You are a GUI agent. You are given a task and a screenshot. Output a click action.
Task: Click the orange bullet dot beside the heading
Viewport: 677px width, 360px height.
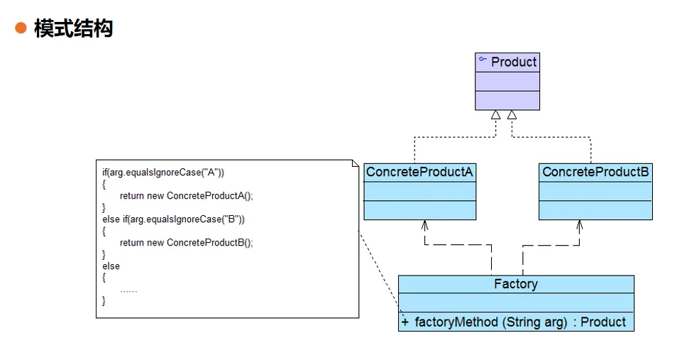coord(21,28)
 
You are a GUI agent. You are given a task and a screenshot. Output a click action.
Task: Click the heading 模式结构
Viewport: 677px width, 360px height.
coord(73,28)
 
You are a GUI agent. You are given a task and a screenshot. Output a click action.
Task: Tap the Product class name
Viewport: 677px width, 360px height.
coord(514,62)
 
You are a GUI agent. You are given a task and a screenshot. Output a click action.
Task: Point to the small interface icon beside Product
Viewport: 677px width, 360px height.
coord(483,60)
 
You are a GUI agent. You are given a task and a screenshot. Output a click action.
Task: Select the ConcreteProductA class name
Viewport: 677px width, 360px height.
coord(419,172)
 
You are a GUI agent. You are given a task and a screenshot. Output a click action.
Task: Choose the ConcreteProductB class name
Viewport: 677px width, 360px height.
coord(595,172)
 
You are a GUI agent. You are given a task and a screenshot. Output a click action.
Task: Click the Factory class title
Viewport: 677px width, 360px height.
coord(515,284)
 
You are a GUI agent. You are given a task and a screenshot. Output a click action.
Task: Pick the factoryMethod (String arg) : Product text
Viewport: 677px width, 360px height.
coord(520,322)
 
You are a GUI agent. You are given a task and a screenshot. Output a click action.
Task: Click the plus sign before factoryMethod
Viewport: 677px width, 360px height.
coord(404,322)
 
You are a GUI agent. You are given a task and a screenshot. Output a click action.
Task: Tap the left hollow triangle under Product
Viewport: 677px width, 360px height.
coord(495,114)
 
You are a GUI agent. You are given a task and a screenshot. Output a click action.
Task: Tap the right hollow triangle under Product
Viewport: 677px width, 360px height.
coord(512,114)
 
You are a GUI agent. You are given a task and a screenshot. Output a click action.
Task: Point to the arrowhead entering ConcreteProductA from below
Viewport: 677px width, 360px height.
coord(424,225)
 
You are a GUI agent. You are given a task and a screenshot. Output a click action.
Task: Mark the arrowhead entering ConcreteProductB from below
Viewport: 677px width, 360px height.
coord(579,225)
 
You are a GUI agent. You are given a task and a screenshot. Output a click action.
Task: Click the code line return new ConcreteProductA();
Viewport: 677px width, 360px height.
coord(186,196)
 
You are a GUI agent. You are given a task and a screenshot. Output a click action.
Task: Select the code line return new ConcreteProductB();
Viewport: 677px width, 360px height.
coord(186,243)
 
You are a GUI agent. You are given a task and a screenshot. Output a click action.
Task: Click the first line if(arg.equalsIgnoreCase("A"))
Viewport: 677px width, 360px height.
coord(163,173)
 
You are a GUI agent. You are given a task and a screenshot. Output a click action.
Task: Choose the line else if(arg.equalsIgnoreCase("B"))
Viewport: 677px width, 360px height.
coord(173,219)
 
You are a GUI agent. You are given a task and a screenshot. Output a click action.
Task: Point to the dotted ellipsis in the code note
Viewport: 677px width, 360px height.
coord(128,290)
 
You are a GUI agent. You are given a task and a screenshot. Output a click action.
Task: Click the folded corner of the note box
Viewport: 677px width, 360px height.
coord(356,164)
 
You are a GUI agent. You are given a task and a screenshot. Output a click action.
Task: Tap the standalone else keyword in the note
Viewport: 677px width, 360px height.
coord(111,266)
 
